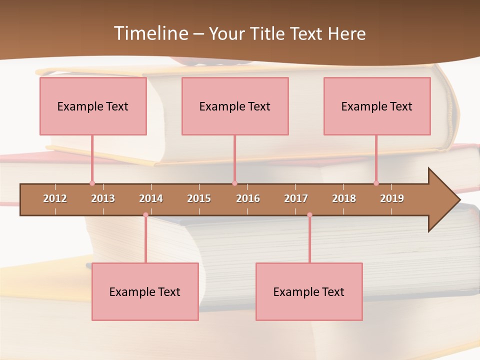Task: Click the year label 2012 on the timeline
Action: [x=55, y=198]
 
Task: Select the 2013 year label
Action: [x=103, y=198]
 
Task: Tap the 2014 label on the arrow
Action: [x=151, y=198]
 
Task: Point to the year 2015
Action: [x=199, y=198]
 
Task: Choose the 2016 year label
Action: [x=248, y=198]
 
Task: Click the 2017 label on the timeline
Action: [x=296, y=198]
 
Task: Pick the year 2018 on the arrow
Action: [x=344, y=198]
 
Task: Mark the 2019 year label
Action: [x=392, y=198]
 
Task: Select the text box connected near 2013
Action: [x=93, y=106]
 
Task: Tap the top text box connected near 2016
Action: [x=235, y=106]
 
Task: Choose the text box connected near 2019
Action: [x=377, y=106]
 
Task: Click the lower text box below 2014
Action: [x=145, y=291]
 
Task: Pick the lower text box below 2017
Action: [x=309, y=291]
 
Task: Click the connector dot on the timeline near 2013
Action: [x=92, y=183]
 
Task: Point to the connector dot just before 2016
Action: [x=234, y=183]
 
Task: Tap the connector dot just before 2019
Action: [x=376, y=183]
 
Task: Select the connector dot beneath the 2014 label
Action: [x=145, y=215]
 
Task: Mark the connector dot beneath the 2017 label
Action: [x=309, y=215]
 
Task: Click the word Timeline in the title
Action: [x=150, y=33]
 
